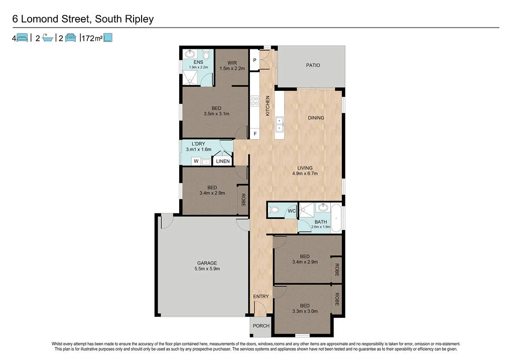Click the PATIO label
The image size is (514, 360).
(x=313, y=65)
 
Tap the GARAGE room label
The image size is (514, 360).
(x=207, y=263)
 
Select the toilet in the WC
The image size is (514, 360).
(x=274, y=210)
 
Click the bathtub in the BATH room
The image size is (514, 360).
(x=336, y=218)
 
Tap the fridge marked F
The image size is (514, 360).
(x=255, y=134)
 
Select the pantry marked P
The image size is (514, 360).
(x=255, y=60)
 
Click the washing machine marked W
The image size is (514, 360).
(x=196, y=161)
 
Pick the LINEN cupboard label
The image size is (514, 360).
(x=223, y=161)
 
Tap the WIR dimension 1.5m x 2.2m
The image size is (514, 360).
(x=231, y=68)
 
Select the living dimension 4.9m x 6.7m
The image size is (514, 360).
(x=305, y=174)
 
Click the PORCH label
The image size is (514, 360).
(x=261, y=326)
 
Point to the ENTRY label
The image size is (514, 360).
(x=261, y=297)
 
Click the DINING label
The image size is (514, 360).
(x=316, y=118)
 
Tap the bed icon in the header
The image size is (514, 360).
(x=22, y=37)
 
